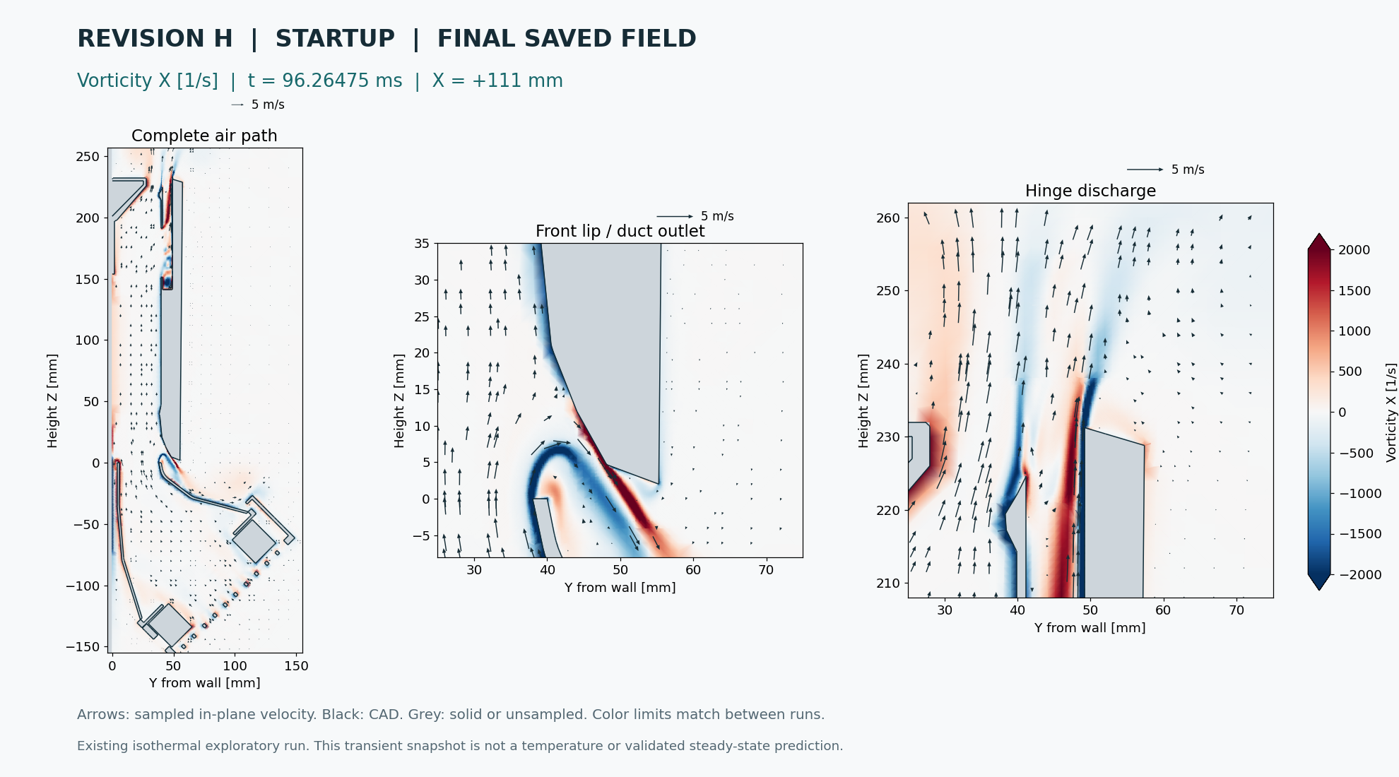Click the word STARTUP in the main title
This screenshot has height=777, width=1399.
tap(335, 39)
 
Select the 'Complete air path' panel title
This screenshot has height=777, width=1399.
tap(204, 136)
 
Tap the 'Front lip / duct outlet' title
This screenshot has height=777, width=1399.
tap(620, 231)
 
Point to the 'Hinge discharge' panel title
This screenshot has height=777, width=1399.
tap(1090, 191)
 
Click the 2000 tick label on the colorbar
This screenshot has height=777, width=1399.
tap(1354, 250)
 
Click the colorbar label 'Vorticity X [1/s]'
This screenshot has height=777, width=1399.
tap(1391, 413)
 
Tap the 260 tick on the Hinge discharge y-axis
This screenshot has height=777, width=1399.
tap(888, 218)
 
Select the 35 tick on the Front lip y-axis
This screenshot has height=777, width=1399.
tap(422, 244)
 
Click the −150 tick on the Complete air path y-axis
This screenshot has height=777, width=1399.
tap(83, 647)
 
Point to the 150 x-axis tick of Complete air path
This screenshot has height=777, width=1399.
tap(296, 666)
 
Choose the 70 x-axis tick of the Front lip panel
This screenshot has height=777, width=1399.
tap(766, 570)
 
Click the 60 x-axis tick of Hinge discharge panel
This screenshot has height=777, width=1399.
tap(1163, 610)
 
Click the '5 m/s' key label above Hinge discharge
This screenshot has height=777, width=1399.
tap(1188, 170)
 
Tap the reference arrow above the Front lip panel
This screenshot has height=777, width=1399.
tap(675, 216)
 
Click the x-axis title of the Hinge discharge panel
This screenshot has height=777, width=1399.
tap(1090, 628)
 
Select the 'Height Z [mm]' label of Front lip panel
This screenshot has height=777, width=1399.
tap(399, 401)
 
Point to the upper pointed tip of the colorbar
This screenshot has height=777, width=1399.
tap(1319, 234)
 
